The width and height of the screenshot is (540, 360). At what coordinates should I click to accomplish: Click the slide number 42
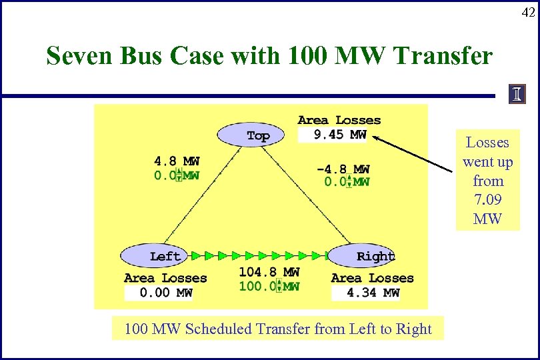click(527, 12)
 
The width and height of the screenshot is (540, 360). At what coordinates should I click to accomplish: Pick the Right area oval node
click(364, 256)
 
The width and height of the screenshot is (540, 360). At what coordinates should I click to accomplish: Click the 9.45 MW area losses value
click(339, 135)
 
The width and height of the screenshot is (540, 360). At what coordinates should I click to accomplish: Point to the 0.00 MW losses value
click(166, 293)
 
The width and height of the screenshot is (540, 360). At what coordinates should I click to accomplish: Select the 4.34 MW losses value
click(373, 293)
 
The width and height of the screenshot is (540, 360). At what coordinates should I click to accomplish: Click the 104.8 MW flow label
click(269, 272)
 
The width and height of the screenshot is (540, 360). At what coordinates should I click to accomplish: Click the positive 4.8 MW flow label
click(177, 161)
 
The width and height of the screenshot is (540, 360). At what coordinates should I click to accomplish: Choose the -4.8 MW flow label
click(343, 169)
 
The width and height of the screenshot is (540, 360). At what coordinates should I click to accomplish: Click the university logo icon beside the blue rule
click(517, 95)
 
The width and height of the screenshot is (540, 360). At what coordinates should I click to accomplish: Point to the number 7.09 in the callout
click(487, 199)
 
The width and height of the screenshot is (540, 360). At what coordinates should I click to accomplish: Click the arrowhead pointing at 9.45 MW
click(375, 138)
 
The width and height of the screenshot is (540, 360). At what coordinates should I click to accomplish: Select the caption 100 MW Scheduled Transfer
click(277, 329)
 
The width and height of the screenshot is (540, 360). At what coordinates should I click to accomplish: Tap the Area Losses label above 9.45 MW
click(339, 120)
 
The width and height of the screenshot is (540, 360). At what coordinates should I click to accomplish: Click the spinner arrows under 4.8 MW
click(179, 175)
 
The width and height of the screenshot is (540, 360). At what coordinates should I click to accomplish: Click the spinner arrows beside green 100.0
click(280, 287)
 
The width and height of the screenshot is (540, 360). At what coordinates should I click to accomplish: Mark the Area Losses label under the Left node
click(165, 278)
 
